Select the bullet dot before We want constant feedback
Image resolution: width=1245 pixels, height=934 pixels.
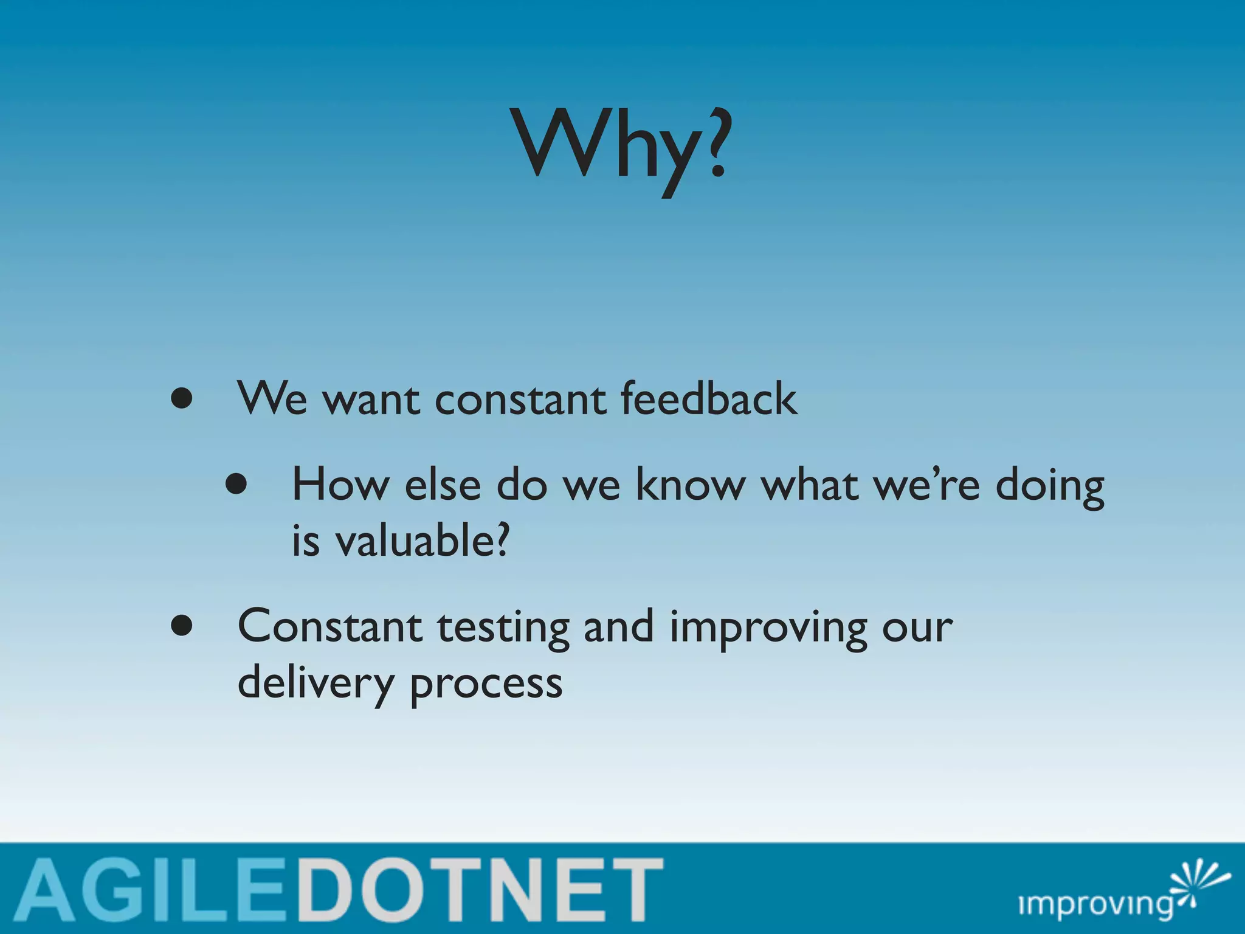coord(182,399)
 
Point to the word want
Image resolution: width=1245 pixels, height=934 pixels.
coord(371,401)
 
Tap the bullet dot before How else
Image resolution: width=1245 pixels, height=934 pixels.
coord(236,485)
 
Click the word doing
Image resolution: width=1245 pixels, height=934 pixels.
coord(1050,488)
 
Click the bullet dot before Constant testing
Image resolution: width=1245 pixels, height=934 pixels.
coord(182,626)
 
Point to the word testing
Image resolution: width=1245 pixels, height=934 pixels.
coord(503,629)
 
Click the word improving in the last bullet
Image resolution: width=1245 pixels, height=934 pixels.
coord(768,629)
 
